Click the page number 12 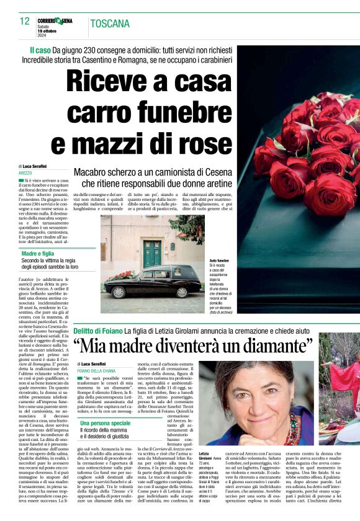(24, 22)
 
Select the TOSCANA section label (110, 24)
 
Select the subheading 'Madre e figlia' (38, 254)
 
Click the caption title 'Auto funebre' (219, 260)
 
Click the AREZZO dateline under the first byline (25, 172)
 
